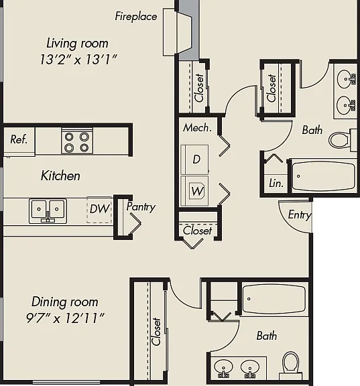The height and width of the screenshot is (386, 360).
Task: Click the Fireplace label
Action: (136, 17)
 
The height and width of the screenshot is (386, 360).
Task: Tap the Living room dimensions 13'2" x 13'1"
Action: (78, 60)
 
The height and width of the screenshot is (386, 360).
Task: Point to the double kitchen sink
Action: (48, 211)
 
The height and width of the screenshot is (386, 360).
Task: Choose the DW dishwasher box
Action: (99, 210)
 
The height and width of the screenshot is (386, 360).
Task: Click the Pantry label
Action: (141, 207)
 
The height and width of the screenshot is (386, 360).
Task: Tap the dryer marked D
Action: (194, 159)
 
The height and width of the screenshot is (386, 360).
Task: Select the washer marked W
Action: (194, 191)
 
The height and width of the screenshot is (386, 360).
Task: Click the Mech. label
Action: (197, 128)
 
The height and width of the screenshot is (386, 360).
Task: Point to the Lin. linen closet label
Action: (276, 184)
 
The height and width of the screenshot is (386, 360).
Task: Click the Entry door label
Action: (300, 215)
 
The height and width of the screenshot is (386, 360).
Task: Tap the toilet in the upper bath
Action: (343, 139)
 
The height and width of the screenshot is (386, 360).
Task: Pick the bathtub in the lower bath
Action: (274, 299)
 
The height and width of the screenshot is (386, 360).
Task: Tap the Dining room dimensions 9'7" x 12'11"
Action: (65, 318)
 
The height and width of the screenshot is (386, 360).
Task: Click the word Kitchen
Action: (60, 176)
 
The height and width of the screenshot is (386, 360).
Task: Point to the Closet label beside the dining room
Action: (156, 332)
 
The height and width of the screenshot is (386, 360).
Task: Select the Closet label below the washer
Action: (198, 231)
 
